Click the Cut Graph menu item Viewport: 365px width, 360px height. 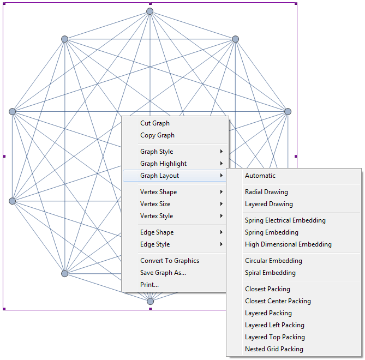pyautogui.click(x=155, y=123)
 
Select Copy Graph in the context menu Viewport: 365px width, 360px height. pyautogui.click(x=157, y=135)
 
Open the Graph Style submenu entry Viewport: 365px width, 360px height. pyautogui.click(x=157, y=152)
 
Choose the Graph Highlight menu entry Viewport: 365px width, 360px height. pyautogui.click(x=163, y=164)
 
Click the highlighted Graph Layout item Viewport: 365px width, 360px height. pyautogui.click(x=159, y=176)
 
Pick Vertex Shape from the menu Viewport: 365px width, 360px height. pyautogui.click(x=158, y=192)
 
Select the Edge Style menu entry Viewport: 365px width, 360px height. pyautogui.click(x=154, y=244)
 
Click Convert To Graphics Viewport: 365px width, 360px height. pyautogui.click(x=169, y=261)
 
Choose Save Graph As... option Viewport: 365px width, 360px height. pyautogui.click(x=163, y=273)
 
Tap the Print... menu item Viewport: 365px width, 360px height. pyautogui.click(x=149, y=285)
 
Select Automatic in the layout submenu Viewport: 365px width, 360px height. pyautogui.click(x=260, y=176)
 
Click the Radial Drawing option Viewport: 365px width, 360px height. pyautogui.click(x=266, y=192)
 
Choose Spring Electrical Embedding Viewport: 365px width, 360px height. pyautogui.click(x=285, y=220)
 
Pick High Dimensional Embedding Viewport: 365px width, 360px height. pyautogui.click(x=288, y=244)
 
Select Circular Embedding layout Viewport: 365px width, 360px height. pyautogui.click(x=273, y=261)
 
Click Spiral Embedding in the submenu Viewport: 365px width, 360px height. pyautogui.click(x=270, y=273)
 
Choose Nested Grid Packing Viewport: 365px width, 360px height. pyautogui.click(x=274, y=349)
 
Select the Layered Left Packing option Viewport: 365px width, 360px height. pyautogui.click(x=274, y=325)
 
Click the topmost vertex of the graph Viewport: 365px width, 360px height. pyautogui.click(x=149, y=11)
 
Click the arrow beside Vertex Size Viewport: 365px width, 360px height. pyautogui.click(x=222, y=204)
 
